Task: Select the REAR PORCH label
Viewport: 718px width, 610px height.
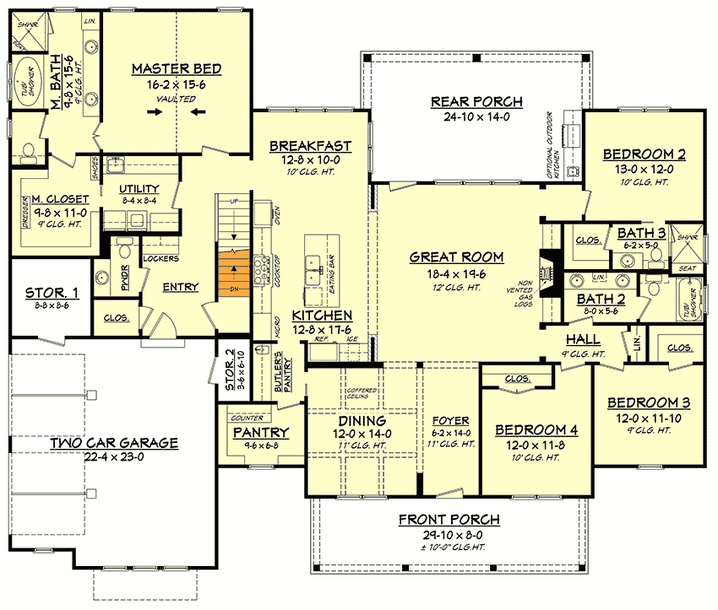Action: pyautogui.click(x=476, y=101)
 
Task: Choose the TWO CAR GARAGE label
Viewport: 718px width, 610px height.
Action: pyautogui.click(x=112, y=442)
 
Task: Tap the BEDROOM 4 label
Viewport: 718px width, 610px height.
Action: pyautogui.click(x=536, y=428)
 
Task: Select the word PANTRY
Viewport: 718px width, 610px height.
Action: pyautogui.click(x=261, y=432)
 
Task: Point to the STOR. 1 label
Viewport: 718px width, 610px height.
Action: pyautogui.click(x=52, y=294)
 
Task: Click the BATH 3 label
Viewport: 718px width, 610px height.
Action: pyautogui.click(x=640, y=233)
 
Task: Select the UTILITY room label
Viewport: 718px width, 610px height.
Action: pyautogui.click(x=139, y=188)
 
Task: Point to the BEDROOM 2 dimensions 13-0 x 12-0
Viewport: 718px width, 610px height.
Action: pyautogui.click(x=643, y=169)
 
